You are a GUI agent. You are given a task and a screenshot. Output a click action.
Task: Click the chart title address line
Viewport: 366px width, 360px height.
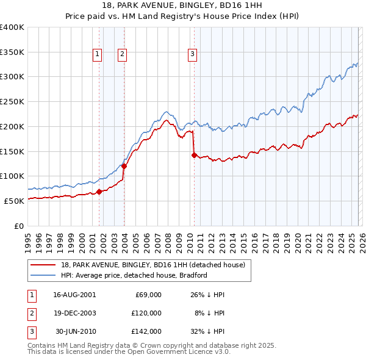182,5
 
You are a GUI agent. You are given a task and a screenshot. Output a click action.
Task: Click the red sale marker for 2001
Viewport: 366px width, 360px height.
99,192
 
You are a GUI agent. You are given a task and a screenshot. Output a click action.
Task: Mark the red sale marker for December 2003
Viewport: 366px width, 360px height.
124,166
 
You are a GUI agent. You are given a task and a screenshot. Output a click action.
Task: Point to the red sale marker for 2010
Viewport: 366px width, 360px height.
194,155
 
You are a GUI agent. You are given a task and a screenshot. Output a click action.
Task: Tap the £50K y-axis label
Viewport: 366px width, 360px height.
15,201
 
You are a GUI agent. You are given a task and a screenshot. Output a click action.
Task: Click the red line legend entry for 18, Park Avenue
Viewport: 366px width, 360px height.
152,265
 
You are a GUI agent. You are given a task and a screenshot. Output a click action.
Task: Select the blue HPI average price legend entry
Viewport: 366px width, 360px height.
133,275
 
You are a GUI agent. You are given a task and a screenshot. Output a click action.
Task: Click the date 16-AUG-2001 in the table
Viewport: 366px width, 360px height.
74,295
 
